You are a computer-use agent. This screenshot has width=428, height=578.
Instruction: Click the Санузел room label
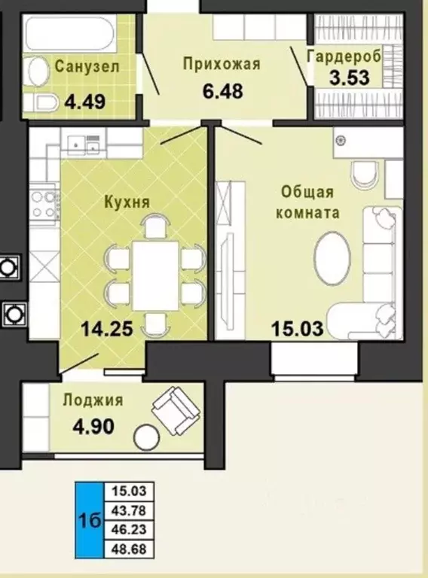coord(87,67)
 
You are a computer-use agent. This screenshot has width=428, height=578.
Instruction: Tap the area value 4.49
coord(85,102)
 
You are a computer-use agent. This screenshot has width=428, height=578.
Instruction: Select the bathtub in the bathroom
coord(70,35)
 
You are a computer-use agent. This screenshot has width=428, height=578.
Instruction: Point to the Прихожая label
coord(222,63)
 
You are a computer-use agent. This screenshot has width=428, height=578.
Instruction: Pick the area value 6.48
coord(222,91)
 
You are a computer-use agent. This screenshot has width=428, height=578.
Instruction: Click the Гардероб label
coord(344,56)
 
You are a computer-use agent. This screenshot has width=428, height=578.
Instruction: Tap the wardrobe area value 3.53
coord(350,78)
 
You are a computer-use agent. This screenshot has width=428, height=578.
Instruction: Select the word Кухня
coord(127,202)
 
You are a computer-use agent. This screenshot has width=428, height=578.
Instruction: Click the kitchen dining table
coord(155,275)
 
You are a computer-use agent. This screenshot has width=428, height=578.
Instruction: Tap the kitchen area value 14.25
coord(107,328)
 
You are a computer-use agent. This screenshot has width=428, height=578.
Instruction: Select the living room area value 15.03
coord(298,328)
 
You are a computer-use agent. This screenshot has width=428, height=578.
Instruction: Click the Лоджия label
coord(93,400)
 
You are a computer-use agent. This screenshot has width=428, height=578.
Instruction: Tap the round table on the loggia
coord(147,437)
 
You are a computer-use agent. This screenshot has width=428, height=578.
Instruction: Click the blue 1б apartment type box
coord(89,520)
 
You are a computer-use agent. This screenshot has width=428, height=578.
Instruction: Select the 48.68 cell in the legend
coord(129,549)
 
